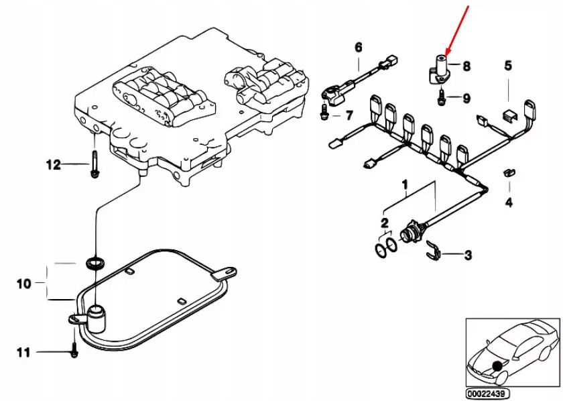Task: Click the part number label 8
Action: tap(466, 66)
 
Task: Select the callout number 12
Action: tap(53, 164)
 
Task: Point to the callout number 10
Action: tap(24, 284)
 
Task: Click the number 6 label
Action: tap(358, 47)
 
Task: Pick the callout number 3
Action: tap(468, 255)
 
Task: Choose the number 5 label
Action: tap(507, 65)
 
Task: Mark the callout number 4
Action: tap(508, 202)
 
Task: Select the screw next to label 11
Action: tap(74, 351)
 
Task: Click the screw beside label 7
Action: tap(324, 116)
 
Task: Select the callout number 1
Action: tap(404, 183)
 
